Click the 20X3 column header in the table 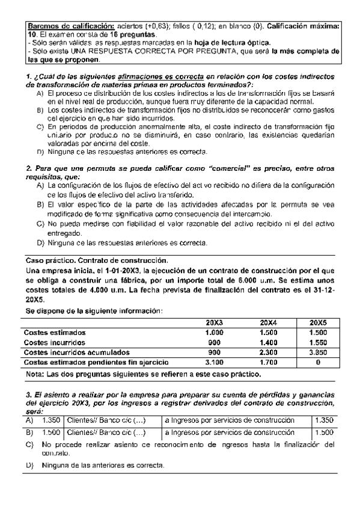[x=214, y=323]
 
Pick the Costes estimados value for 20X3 [x=214, y=333]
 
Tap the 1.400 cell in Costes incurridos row [x=268, y=343]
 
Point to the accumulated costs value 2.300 [x=268, y=352]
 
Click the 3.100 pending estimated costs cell [x=214, y=363]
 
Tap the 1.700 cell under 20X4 [x=268, y=363]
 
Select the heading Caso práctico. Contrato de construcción [x=96, y=260]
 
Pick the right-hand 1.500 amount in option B [x=323, y=432]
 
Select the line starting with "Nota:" [x=144, y=375]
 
